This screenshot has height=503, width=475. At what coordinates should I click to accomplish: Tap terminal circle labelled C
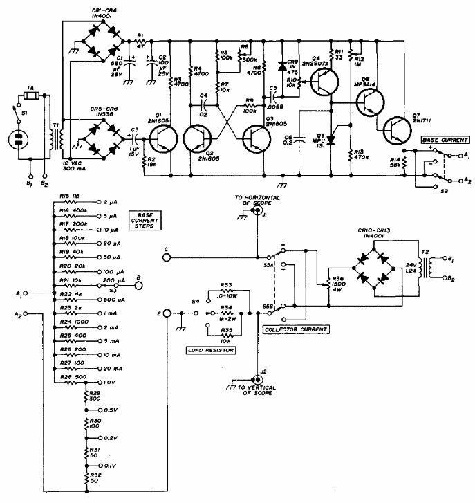(167, 257)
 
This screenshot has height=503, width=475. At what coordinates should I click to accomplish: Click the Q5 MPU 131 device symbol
(330, 136)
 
